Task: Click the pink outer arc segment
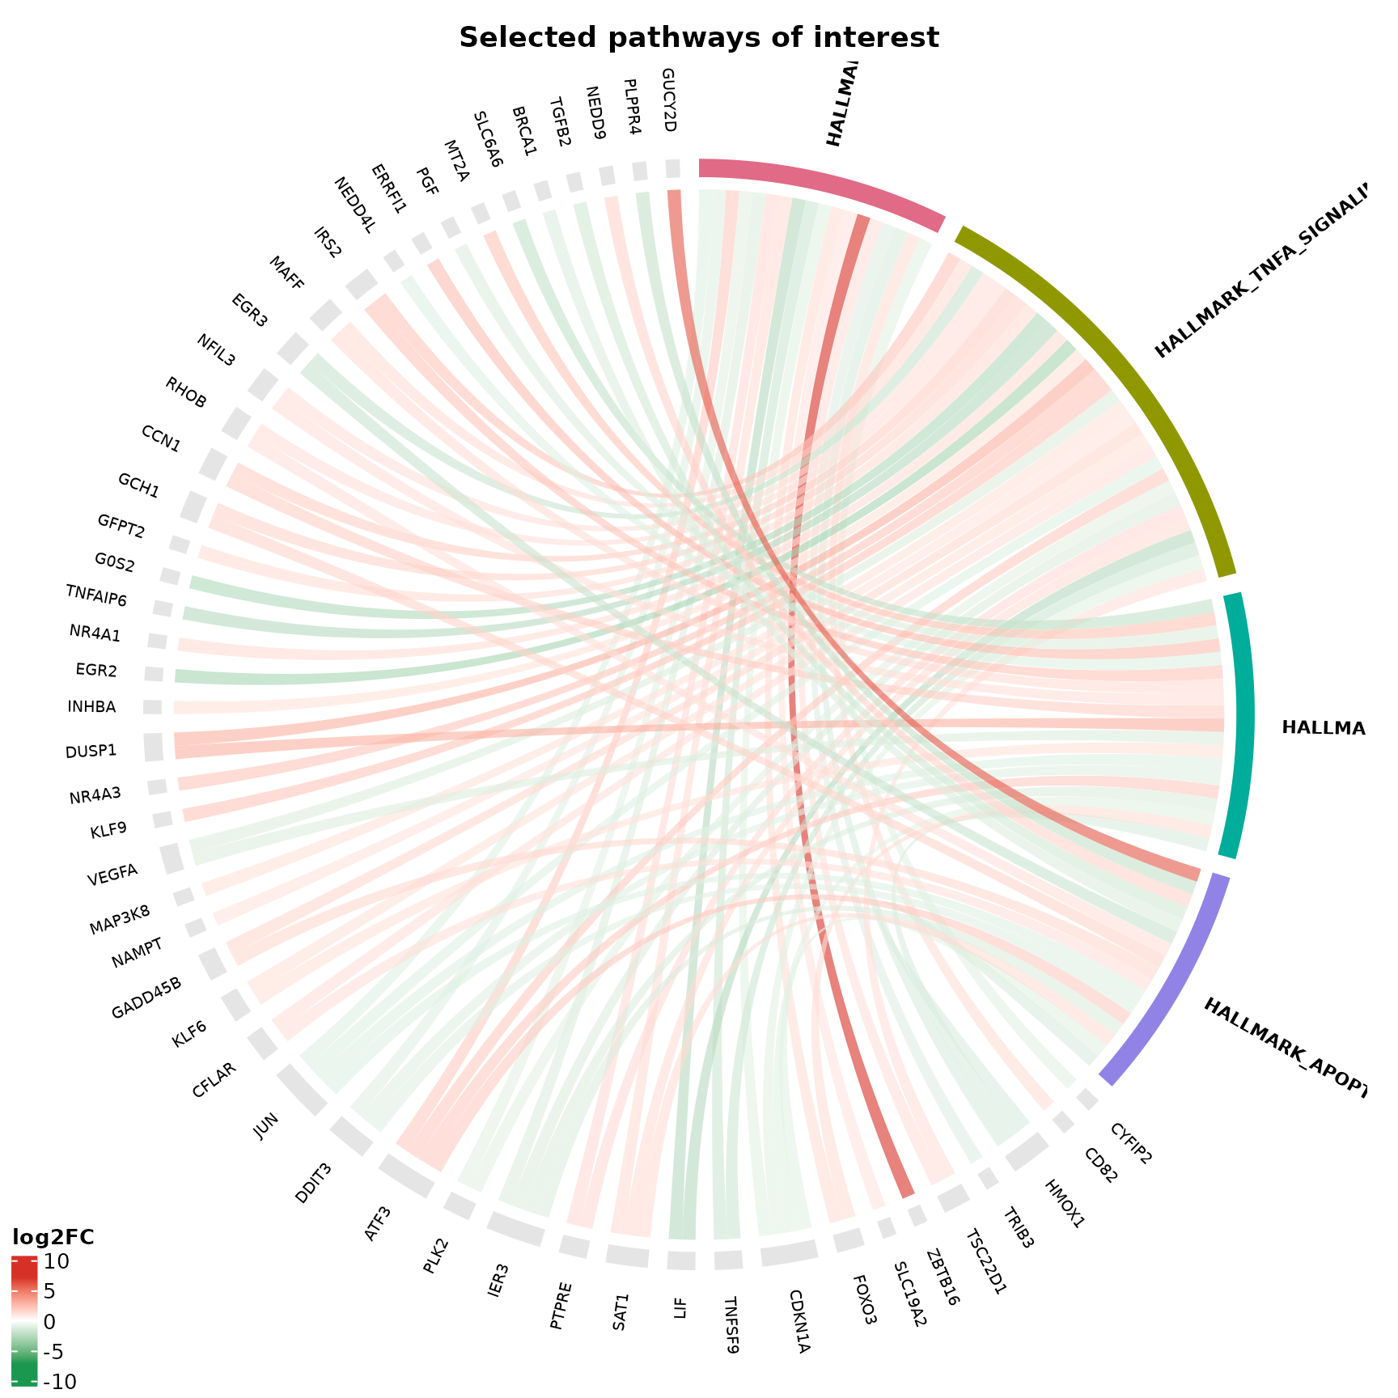click(821, 185)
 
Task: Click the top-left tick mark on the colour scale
click(15, 1261)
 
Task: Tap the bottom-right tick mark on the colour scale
click(34, 1380)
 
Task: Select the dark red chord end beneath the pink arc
click(861, 222)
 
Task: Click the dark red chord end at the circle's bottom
click(907, 1192)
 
